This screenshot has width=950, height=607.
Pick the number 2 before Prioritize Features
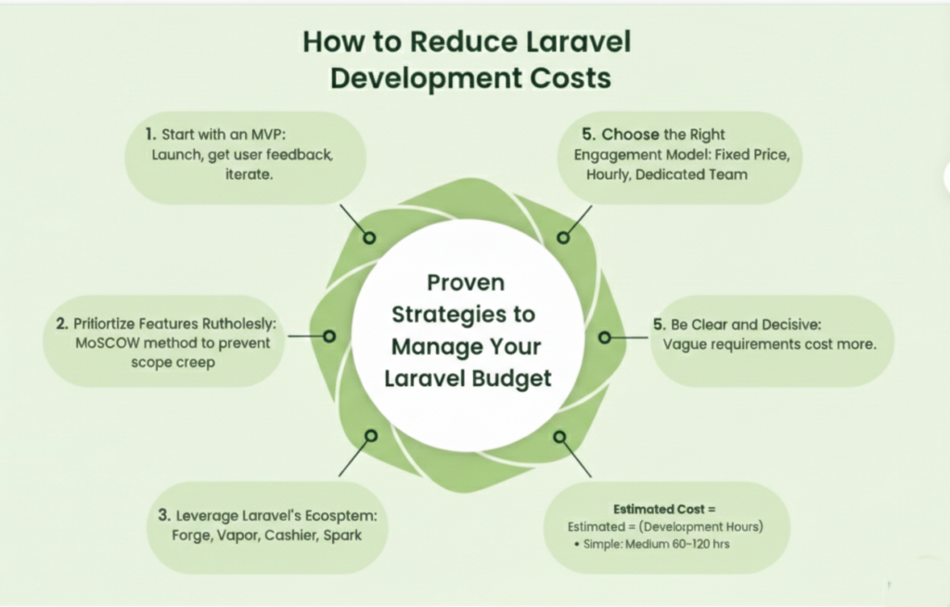[61, 324]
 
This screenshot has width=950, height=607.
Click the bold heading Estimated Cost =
[665, 509]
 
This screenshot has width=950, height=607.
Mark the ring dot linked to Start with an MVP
[369, 238]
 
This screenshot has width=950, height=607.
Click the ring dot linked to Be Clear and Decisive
[605, 337]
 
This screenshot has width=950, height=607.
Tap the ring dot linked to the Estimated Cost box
[559, 435]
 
